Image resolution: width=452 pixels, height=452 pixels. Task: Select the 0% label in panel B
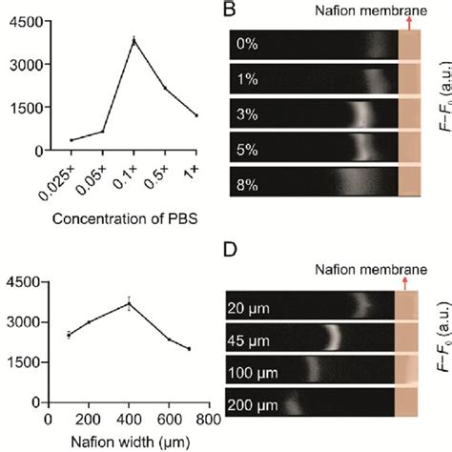pos(248,45)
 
